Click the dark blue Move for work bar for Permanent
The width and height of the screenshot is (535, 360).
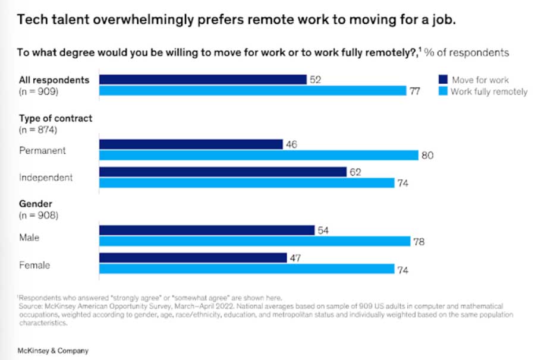click(x=191, y=144)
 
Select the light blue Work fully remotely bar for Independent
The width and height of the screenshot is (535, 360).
click(x=247, y=183)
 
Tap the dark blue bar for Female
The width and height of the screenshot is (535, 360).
click(x=193, y=258)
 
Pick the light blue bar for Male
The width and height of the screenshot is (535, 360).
click(x=254, y=241)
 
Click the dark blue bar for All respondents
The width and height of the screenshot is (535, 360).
click(x=203, y=80)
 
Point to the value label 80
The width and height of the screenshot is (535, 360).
click(x=427, y=156)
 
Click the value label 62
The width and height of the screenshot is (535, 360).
click(x=355, y=172)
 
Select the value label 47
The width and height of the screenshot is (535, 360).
click(x=295, y=258)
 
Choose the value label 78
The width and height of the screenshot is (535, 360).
click(x=418, y=242)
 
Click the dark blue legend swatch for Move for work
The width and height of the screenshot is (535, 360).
click(x=442, y=80)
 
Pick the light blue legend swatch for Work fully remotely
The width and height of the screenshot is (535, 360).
click(x=442, y=91)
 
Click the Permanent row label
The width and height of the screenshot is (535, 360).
click(x=42, y=150)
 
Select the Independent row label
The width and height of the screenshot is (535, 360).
click(x=46, y=177)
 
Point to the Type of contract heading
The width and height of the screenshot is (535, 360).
click(x=55, y=118)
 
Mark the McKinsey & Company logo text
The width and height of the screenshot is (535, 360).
click(x=53, y=350)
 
